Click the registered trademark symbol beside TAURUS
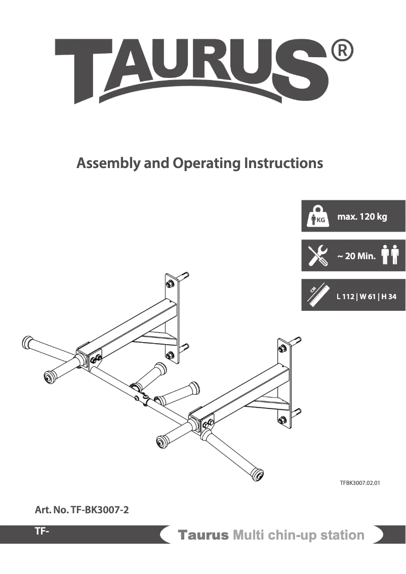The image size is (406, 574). coord(342,52)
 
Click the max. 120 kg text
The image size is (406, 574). coord(362,217)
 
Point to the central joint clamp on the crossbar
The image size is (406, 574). coord(142,397)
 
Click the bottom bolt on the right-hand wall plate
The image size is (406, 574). coord(282,419)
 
